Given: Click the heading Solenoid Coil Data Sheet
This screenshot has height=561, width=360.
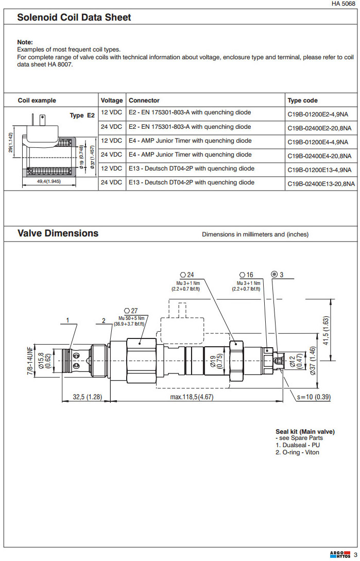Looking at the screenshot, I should point(74,18).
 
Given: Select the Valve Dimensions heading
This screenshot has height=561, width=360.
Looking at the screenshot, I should point(58,233).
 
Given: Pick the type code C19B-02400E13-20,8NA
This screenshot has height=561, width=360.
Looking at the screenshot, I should point(321,184).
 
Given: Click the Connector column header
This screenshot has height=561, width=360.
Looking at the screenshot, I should point(144,100).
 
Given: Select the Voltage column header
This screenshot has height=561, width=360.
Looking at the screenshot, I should point(112,100).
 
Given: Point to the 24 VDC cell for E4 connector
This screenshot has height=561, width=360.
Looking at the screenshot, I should point(112,155).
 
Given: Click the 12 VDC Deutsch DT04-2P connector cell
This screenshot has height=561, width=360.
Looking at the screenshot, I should point(191,168).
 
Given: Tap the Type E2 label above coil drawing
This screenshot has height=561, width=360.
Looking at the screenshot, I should point(82,115).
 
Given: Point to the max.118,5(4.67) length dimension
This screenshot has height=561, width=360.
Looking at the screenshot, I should point(192,397).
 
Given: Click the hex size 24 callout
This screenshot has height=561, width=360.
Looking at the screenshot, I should point(186,275).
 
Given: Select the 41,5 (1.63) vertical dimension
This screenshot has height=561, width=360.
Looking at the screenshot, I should point(325,330).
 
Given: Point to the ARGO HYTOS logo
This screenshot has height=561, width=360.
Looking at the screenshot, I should point(340,554).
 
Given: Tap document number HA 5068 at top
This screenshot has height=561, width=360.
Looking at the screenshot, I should point(343,4).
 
